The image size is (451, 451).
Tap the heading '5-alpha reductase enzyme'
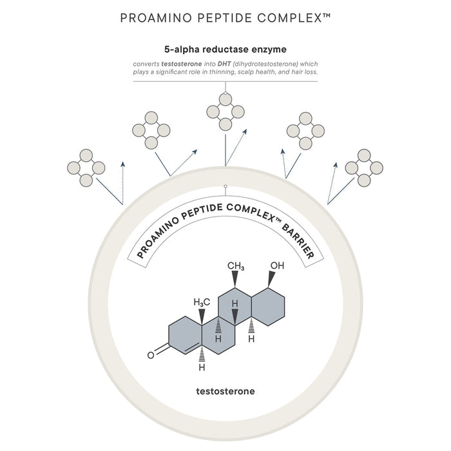coord(225,48)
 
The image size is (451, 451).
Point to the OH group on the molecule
coord(278,265)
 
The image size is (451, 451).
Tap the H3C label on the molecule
coord(202,302)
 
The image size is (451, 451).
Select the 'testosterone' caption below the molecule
coord(225,390)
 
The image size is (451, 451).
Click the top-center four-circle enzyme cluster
coord(225,111)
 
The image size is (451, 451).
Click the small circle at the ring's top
coord(225,187)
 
